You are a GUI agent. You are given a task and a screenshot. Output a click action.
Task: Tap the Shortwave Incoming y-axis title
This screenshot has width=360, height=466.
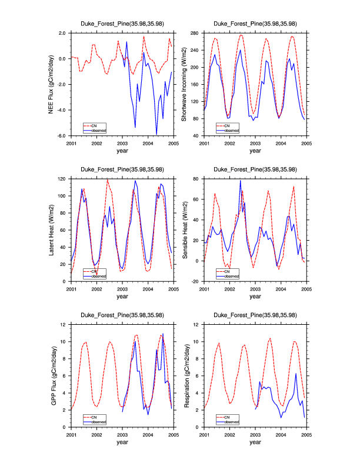[184, 84]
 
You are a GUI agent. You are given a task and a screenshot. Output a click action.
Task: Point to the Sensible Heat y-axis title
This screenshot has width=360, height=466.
[184, 230]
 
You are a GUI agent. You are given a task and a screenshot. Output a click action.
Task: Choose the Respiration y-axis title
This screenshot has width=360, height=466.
[184, 376]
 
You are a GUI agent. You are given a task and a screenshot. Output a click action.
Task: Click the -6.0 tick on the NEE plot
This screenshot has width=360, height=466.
[61, 136]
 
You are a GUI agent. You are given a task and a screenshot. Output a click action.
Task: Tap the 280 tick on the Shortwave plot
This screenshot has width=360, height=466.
[195, 33]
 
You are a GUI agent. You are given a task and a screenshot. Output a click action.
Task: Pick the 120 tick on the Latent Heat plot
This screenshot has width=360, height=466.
[62, 179]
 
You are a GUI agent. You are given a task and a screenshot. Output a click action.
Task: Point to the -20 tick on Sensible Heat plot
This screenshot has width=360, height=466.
[195, 282]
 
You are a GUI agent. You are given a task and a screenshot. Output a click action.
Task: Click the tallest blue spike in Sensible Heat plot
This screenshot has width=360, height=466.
[240, 181]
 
